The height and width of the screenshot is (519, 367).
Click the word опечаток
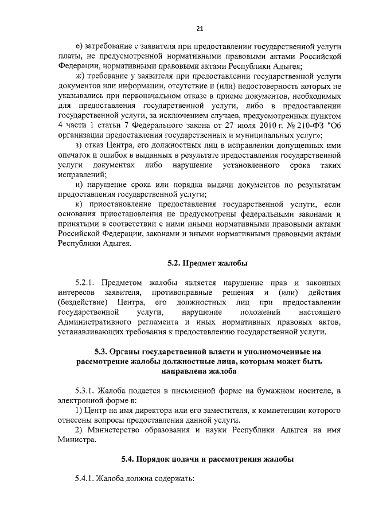click(x=75, y=155)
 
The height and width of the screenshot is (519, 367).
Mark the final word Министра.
click(x=77, y=440)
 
